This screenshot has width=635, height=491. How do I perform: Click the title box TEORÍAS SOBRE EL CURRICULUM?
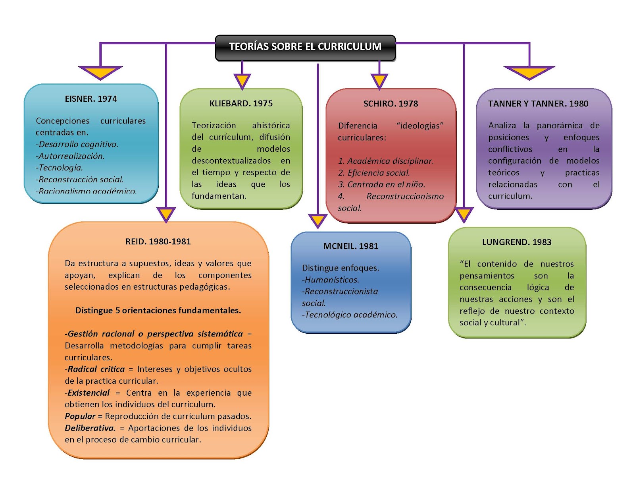coord(305,47)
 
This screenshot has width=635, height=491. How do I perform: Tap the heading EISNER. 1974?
coord(91,99)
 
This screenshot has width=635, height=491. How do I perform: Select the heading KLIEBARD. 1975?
coord(241,104)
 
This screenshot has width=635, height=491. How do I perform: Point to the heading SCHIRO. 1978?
coord(391,104)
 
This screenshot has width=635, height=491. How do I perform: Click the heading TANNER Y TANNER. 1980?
coord(538,104)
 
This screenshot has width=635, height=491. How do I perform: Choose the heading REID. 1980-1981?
coord(158,242)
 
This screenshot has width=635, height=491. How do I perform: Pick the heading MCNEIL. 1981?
coord(351,246)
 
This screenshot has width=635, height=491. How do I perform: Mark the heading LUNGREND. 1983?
coord(517,242)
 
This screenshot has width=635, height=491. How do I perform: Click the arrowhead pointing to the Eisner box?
coord(100,72)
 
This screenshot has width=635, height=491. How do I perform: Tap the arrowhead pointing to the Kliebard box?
coord(242,81)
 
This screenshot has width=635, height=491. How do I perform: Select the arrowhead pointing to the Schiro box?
coord(379,81)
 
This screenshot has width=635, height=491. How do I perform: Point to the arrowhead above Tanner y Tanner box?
coord(529,72)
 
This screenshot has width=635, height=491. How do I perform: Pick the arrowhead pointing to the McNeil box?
coord(317,220)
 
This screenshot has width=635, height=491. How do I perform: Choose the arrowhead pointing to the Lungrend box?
coord(464,214)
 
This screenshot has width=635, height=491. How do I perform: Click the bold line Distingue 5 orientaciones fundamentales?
coord(158,311)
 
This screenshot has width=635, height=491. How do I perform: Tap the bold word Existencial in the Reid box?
coord(89,393)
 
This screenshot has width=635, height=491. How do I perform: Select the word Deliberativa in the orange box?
coord(90,428)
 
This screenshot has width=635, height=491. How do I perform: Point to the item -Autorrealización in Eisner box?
coord(70,156)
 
